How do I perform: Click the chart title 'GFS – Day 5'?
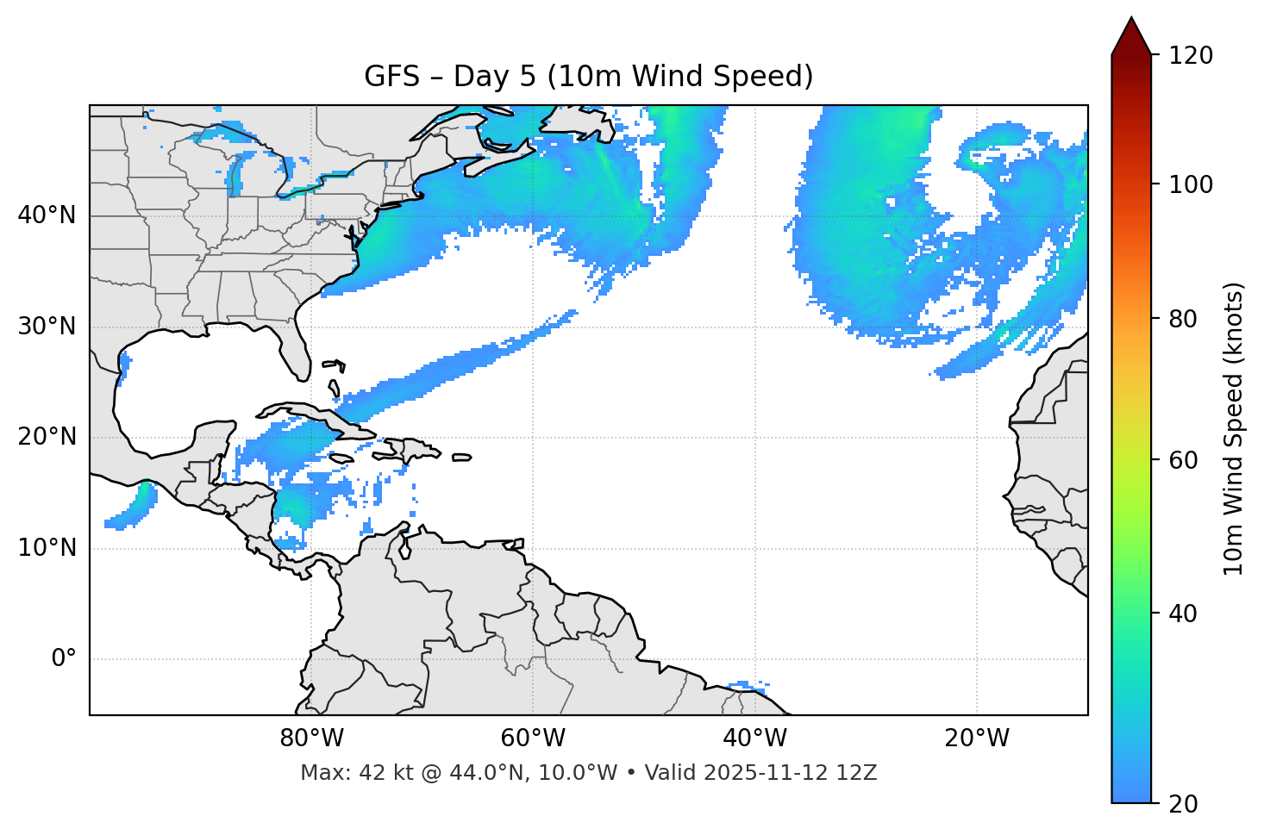tap(588, 77)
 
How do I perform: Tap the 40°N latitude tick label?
tap(47, 215)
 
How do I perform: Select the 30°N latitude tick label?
tap(47, 327)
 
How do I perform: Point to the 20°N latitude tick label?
tap(47, 437)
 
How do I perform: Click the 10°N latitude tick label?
tap(47, 548)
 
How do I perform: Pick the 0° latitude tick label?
tap(63, 658)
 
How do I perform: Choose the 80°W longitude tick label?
tap(311, 738)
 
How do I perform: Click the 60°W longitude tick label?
tap(533, 738)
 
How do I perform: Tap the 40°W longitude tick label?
tap(754, 738)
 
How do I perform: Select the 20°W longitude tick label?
tap(976, 738)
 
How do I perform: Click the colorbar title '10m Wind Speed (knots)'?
tap(1234, 428)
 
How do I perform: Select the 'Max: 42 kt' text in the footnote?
tap(338, 773)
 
